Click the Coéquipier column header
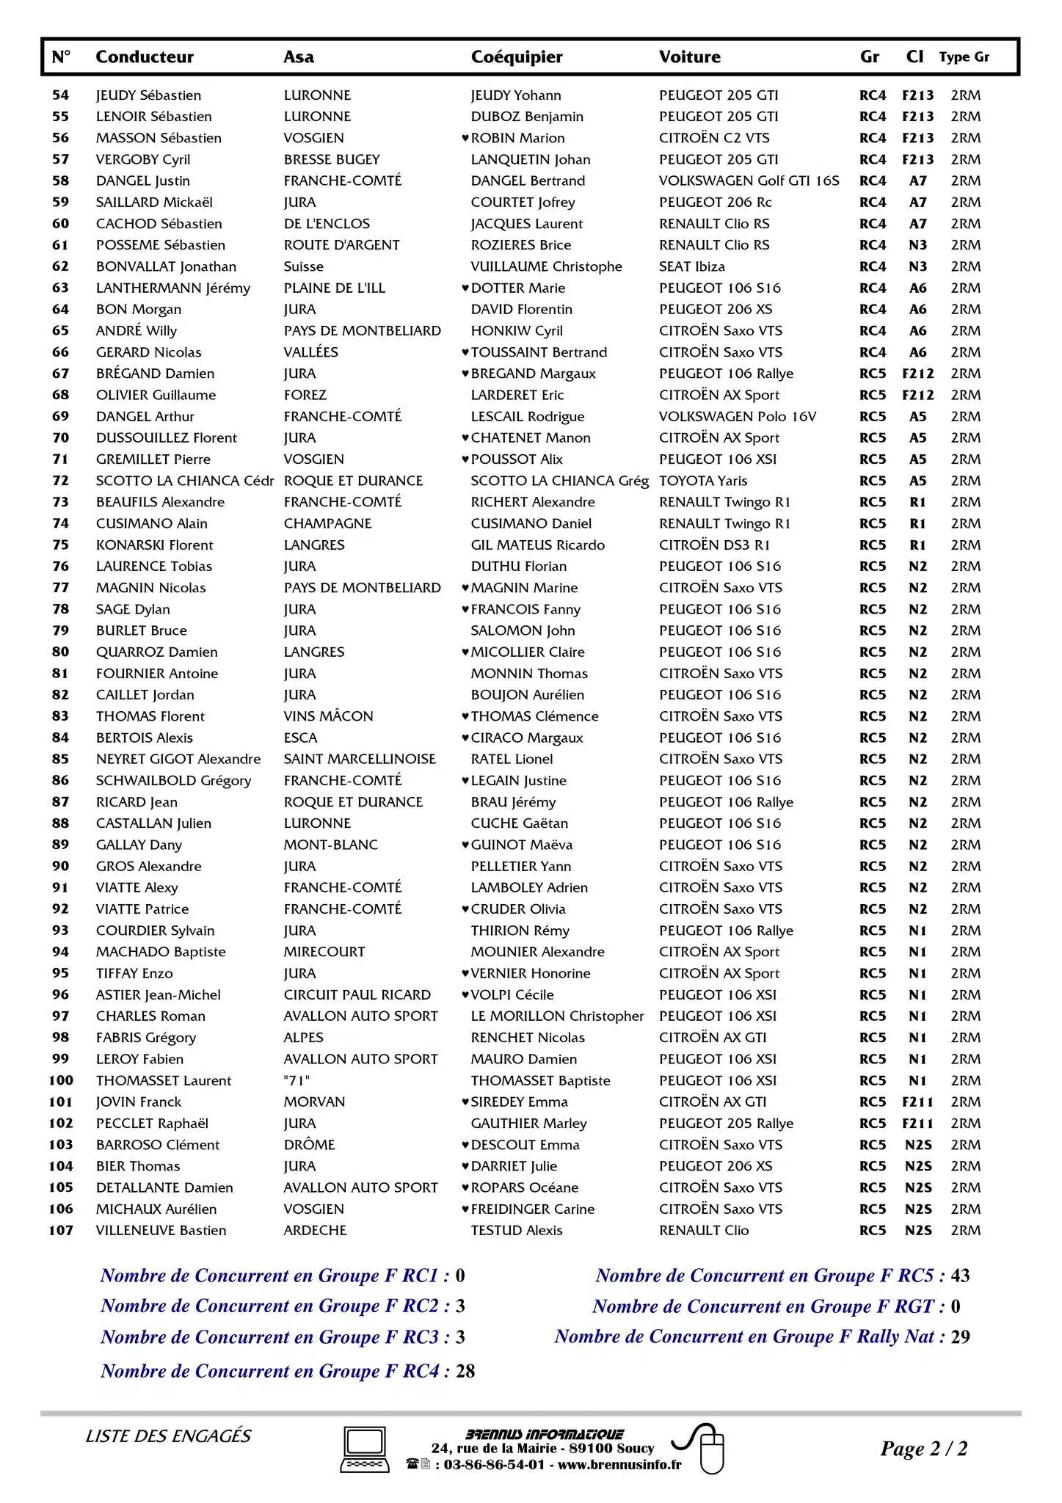pyautogui.click(x=517, y=57)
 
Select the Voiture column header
pyautogui.click(x=689, y=57)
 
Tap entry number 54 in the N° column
pyautogui.click(x=60, y=95)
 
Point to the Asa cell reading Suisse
pyautogui.click(x=303, y=267)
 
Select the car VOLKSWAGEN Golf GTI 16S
pyautogui.click(x=749, y=181)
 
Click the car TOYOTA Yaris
pyautogui.click(x=702, y=481)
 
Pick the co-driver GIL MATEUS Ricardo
pyautogui.click(x=537, y=545)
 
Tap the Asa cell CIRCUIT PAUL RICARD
pyautogui.click(x=357, y=995)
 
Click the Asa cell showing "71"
pyautogui.click(x=297, y=1081)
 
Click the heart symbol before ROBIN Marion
pyautogui.click(x=465, y=138)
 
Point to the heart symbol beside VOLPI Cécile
pyautogui.click(x=465, y=995)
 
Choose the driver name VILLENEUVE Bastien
pyautogui.click(x=161, y=1231)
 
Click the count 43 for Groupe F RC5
pyautogui.click(x=960, y=1276)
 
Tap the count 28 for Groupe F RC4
pyautogui.click(x=465, y=1371)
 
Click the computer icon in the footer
pyautogui.click(x=365, y=1450)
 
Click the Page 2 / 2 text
pyautogui.click(x=923, y=1449)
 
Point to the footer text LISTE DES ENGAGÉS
pyautogui.click(x=168, y=1436)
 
